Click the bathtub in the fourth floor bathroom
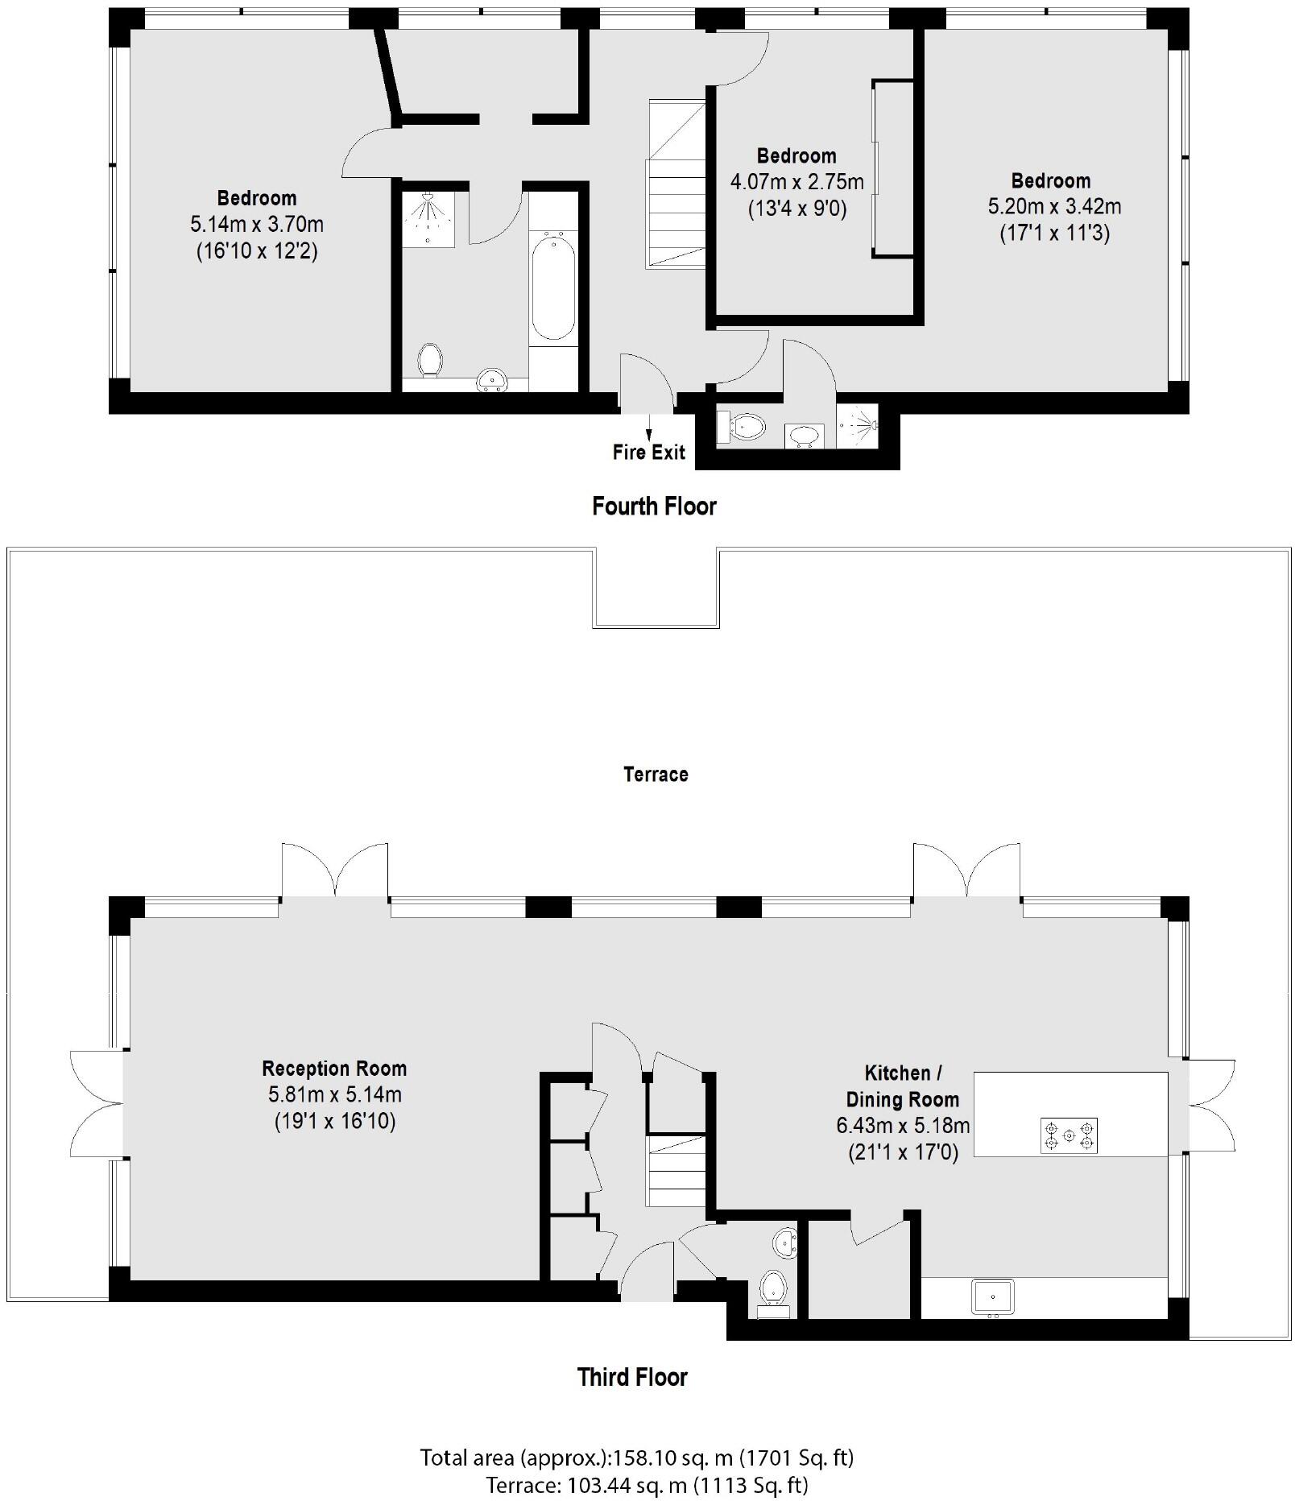tap(553, 286)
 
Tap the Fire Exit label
tap(648, 452)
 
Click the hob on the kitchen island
tap(1069, 1135)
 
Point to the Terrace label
tap(656, 775)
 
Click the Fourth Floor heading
tap(654, 507)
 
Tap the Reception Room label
tap(334, 1069)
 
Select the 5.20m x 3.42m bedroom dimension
tap(1054, 207)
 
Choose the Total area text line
tap(636, 1458)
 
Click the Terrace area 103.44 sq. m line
tap(647, 1484)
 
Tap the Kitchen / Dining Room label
tap(902, 1086)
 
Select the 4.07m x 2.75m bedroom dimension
tap(796, 182)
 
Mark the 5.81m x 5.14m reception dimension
tap(334, 1095)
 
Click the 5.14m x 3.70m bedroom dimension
tap(257, 225)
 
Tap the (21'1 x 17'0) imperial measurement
tap(903, 1152)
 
